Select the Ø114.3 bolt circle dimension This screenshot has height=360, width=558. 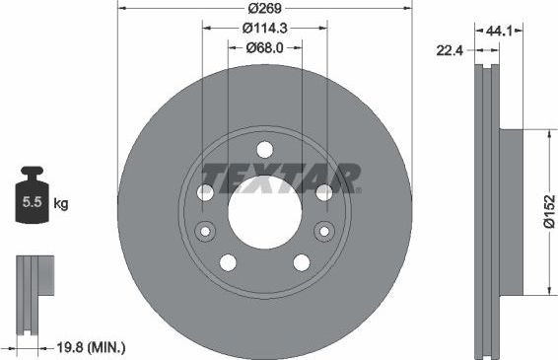point(264,29)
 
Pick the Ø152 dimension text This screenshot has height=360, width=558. point(548,210)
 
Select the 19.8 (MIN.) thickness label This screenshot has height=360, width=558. point(92,347)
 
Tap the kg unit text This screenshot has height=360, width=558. point(61,204)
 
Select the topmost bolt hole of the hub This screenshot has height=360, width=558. point(264,150)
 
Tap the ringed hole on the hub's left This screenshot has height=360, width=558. point(205,232)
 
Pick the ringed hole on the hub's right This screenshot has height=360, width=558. point(323,231)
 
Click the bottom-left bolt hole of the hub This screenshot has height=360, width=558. point(229,262)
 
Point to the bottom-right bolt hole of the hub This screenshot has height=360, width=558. point(301,262)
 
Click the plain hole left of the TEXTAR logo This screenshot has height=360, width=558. point(205,193)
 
